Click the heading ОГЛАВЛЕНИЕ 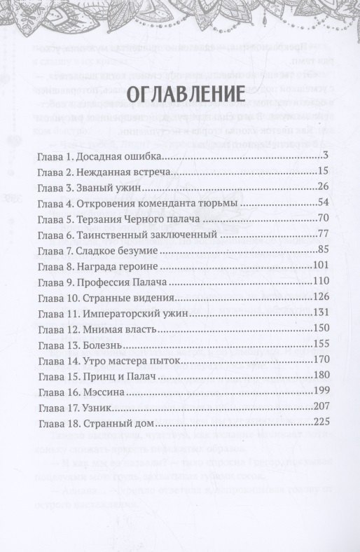180,95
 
